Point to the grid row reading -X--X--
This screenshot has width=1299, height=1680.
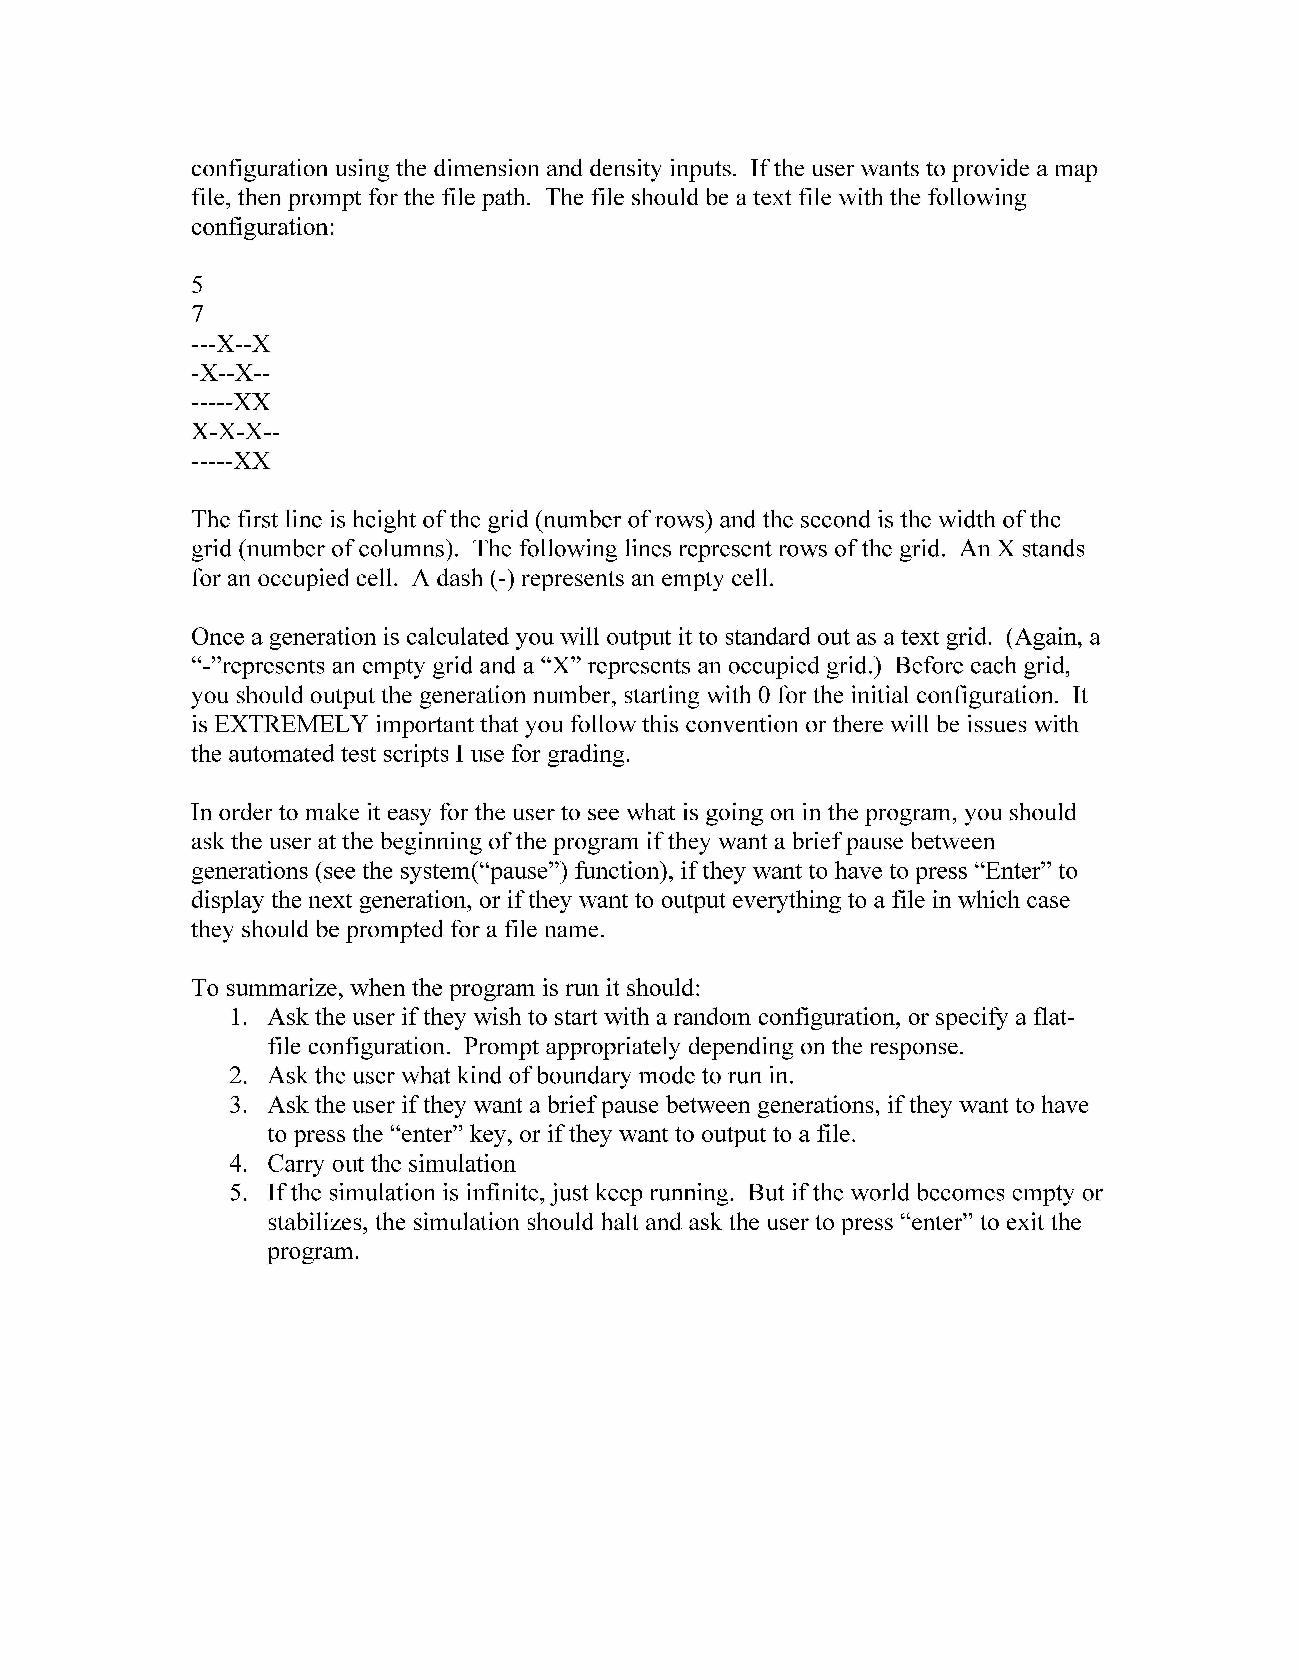(x=230, y=374)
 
